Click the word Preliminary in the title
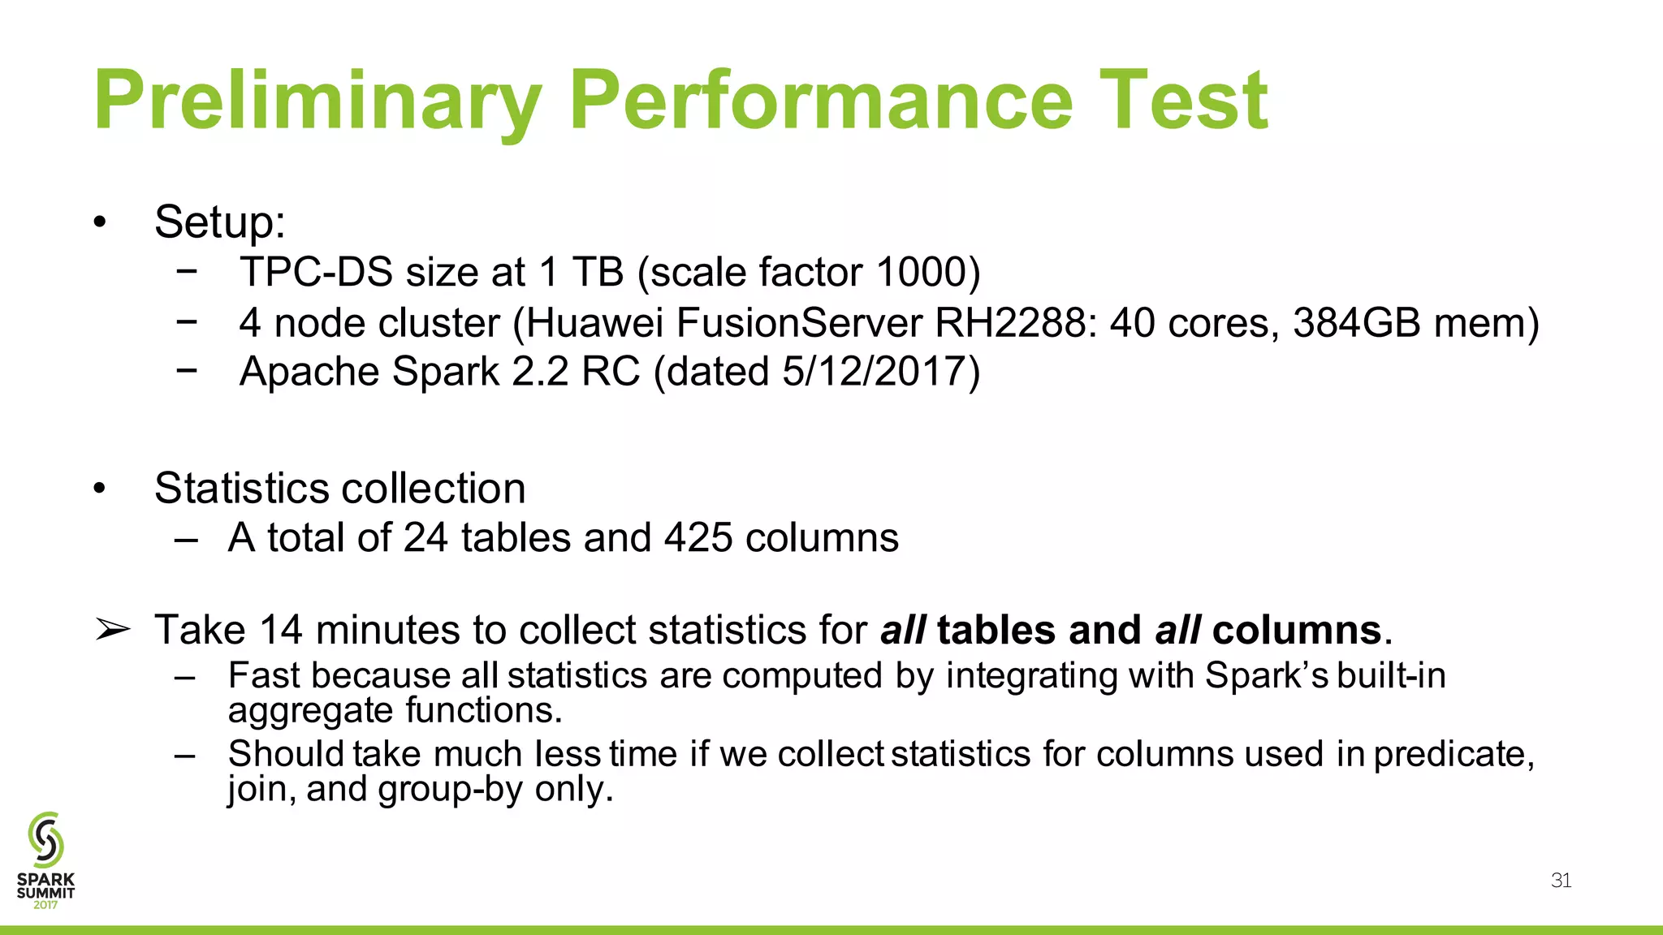point(317,101)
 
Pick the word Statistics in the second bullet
point(244,489)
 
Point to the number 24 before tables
point(425,537)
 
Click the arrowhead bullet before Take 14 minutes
point(112,630)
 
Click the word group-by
point(450,789)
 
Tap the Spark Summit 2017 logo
point(45,860)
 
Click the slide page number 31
point(1561,881)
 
